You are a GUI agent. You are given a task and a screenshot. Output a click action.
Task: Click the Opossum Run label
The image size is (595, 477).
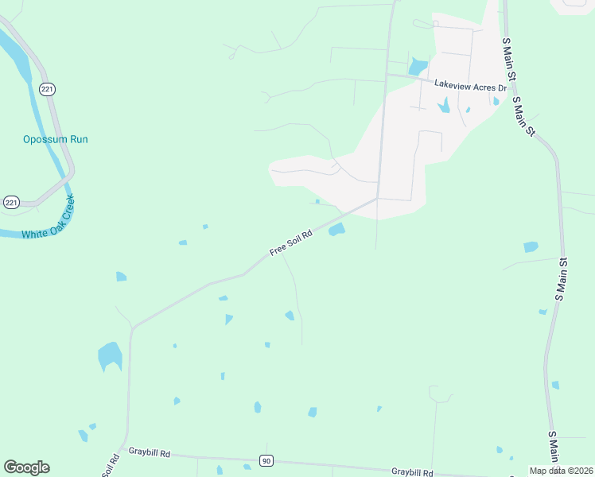coord(55,139)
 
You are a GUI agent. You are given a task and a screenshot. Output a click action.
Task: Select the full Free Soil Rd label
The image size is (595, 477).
coord(293,241)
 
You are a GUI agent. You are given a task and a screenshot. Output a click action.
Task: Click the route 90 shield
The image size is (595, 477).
coord(266,461)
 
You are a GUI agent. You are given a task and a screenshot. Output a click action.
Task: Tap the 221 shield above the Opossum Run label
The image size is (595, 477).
coord(48,90)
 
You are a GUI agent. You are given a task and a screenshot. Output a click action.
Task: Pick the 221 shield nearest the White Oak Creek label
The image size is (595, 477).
coord(11,203)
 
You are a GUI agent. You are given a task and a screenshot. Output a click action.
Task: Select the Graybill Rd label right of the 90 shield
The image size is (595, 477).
coord(412,471)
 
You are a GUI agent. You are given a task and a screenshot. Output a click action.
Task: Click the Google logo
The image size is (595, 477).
coord(26,467)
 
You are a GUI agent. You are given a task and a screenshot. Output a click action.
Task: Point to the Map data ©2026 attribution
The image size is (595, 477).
coord(562,471)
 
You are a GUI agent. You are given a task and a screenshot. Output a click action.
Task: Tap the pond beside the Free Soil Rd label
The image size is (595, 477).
coord(336,230)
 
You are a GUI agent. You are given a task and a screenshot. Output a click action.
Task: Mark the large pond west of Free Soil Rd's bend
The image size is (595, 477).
coord(110,356)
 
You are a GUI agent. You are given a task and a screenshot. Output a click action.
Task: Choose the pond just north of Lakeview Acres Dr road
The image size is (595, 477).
coord(418,67)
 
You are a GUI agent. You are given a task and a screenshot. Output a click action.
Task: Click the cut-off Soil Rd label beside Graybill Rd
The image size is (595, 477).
coord(111,464)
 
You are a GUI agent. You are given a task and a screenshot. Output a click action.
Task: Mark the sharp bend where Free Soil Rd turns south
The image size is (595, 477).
coord(132,328)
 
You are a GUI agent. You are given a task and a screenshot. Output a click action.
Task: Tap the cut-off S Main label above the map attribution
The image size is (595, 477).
coord(554,448)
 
